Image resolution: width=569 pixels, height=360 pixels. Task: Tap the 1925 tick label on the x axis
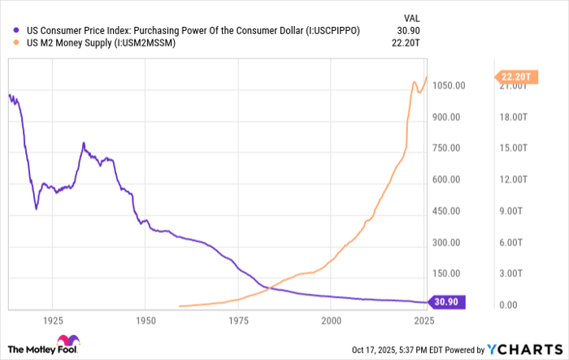[x=54, y=322]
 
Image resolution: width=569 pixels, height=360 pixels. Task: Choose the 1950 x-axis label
[x=146, y=322]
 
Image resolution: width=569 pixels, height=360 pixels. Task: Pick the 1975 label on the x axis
[x=239, y=322]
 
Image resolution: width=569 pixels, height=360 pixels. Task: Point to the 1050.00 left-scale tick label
[x=448, y=86]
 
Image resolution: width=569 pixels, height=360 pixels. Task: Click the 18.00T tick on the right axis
[x=510, y=117]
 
